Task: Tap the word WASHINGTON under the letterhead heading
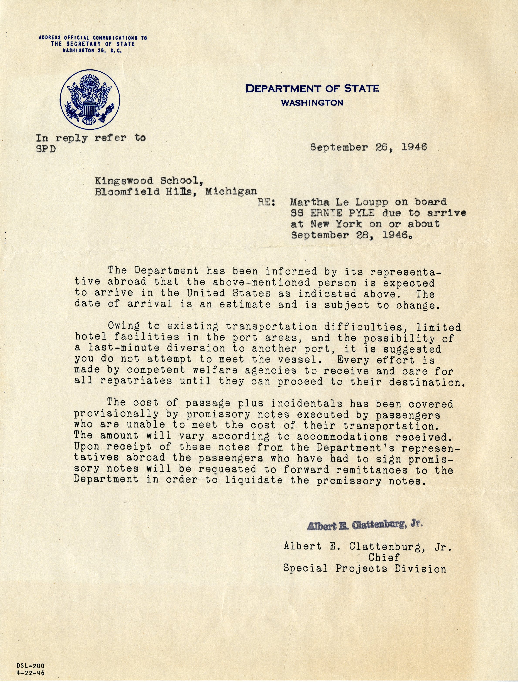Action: (312, 103)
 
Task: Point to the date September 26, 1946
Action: (369, 147)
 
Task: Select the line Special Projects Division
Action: (365, 568)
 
